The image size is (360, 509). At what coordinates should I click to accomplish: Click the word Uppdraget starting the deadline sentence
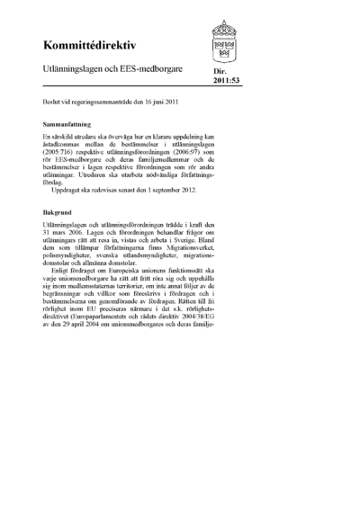[x=67, y=189]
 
